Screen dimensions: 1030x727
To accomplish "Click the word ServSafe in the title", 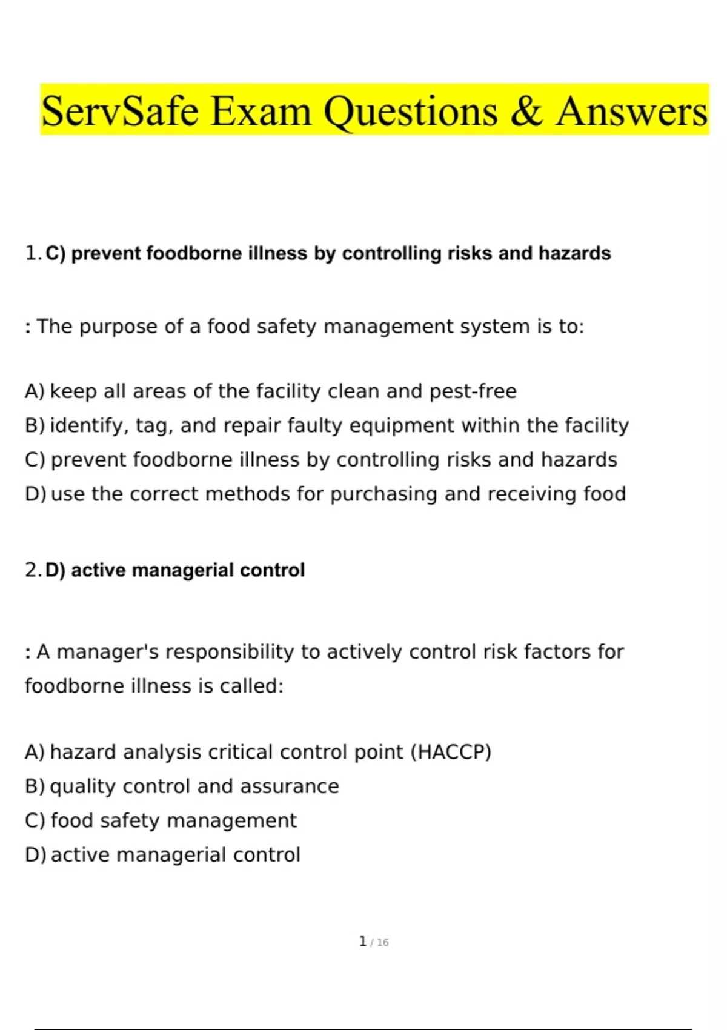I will point(120,111).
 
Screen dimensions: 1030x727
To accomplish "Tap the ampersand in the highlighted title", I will point(526,111).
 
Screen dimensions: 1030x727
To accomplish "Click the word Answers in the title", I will point(632,111).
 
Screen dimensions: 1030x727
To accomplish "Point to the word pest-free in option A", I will point(473,391).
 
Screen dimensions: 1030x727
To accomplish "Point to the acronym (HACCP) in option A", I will point(451,752).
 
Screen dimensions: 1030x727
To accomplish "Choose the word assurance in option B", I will point(289,786).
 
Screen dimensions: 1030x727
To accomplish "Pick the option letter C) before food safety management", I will point(35,821).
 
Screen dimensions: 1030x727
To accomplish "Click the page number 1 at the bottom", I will point(362,942).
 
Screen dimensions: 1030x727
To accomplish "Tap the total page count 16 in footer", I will point(382,943).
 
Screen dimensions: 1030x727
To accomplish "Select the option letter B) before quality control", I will point(35,786).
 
